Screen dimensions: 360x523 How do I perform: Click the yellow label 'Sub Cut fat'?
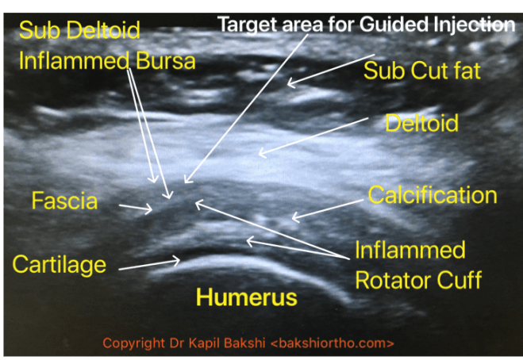point(422,71)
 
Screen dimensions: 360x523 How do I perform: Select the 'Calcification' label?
point(433,195)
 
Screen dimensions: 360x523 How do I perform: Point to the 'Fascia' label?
point(64,201)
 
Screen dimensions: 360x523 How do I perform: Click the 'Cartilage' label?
point(59,263)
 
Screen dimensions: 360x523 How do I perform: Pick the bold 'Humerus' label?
point(246,297)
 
